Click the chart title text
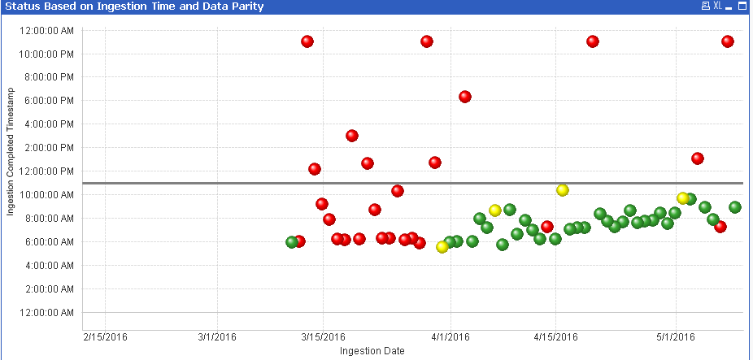point(134,7)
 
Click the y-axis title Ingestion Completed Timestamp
point(11,165)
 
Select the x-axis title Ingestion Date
point(372,351)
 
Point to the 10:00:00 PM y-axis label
point(47,54)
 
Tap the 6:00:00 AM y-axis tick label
point(50,242)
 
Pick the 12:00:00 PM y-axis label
point(47,171)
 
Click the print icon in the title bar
point(705,7)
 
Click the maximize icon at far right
point(742,7)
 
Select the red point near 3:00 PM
point(352,136)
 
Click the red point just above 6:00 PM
point(465,97)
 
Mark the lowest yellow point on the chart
point(442,247)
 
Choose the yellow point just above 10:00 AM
point(562,190)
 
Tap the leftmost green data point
point(292,242)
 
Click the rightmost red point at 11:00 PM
point(728,41)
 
